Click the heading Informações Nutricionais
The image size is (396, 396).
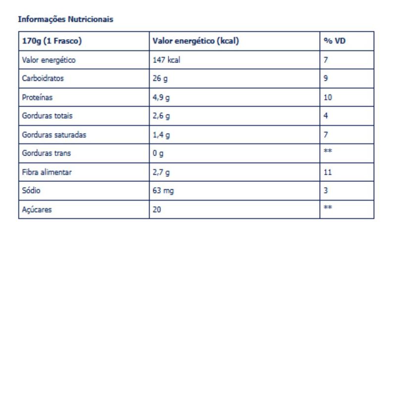point(65,19)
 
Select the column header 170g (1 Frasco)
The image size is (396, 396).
point(51,41)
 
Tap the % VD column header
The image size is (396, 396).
point(335,41)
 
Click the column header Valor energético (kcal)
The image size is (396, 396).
point(196,41)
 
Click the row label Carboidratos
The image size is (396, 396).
point(43,78)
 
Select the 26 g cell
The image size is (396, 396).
point(160,79)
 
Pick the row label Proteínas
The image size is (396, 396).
point(37,98)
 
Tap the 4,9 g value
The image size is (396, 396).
point(161,98)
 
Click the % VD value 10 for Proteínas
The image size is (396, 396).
point(328,98)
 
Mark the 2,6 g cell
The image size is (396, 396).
point(161,116)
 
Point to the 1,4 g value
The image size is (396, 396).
point(161,135)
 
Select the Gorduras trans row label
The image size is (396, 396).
point(47,153)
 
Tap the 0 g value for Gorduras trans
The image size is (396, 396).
point(158,154)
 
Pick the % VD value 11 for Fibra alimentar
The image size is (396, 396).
point(328,172)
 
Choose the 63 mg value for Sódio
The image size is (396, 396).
point(163,191)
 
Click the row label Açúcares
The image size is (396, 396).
point(37,210)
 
